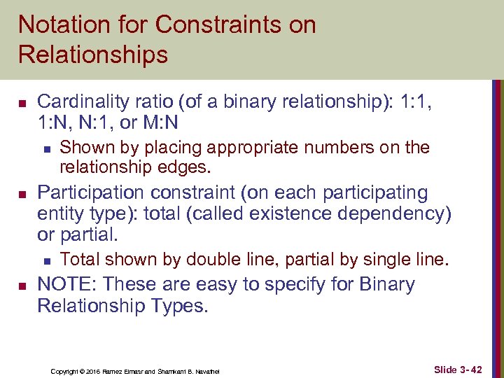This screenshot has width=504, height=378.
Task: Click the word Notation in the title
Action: (63, 25)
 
